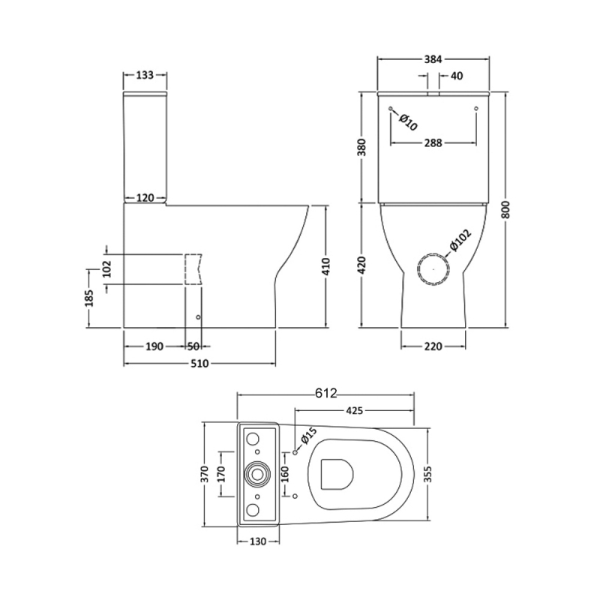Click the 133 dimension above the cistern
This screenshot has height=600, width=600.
145,75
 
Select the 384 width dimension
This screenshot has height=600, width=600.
433,59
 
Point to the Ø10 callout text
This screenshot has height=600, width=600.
407,122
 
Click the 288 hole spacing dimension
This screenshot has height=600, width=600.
433,142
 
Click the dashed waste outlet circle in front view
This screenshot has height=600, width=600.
433,268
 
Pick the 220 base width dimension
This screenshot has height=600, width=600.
433,346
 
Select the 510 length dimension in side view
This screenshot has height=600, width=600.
199,363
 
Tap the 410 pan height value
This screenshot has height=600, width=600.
325,267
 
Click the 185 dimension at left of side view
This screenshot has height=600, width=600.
89,298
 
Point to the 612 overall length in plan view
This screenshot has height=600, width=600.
326,393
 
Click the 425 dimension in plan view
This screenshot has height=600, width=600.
354,410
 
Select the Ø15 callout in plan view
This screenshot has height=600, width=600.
309,436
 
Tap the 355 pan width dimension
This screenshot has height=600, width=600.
428,474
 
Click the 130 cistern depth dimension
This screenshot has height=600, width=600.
257,541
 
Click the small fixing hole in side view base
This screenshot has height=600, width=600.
198,317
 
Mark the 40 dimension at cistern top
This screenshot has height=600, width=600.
457,76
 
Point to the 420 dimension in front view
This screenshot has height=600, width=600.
363,265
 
